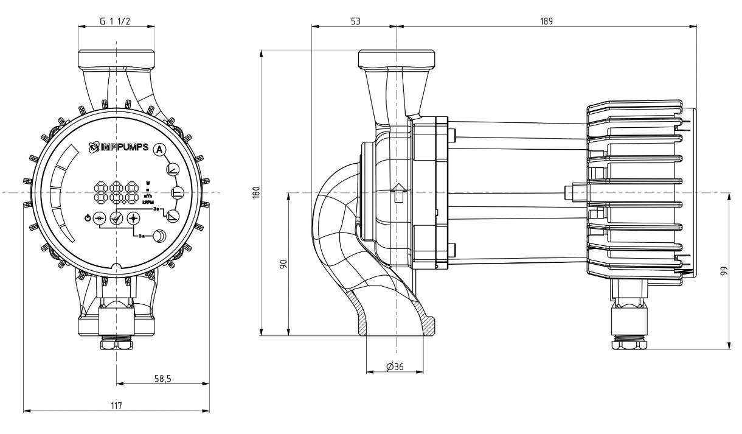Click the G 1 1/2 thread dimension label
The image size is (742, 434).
(x=116, y=21)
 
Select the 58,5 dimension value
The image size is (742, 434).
(x=162, y=378)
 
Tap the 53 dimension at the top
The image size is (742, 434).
(x=355, y=21)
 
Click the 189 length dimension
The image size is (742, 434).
(x=546, y=21)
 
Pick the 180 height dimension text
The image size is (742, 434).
(x=256, y=192)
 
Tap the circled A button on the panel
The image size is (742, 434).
(x=159, y=149)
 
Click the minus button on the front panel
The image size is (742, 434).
(x=100, y=218)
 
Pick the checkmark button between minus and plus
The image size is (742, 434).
(x=116, y=218)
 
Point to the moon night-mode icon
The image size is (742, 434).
(x=159, y=236)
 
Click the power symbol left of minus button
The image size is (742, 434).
(x=87, y=218)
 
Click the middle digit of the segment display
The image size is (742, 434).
(x=116, y=193)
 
